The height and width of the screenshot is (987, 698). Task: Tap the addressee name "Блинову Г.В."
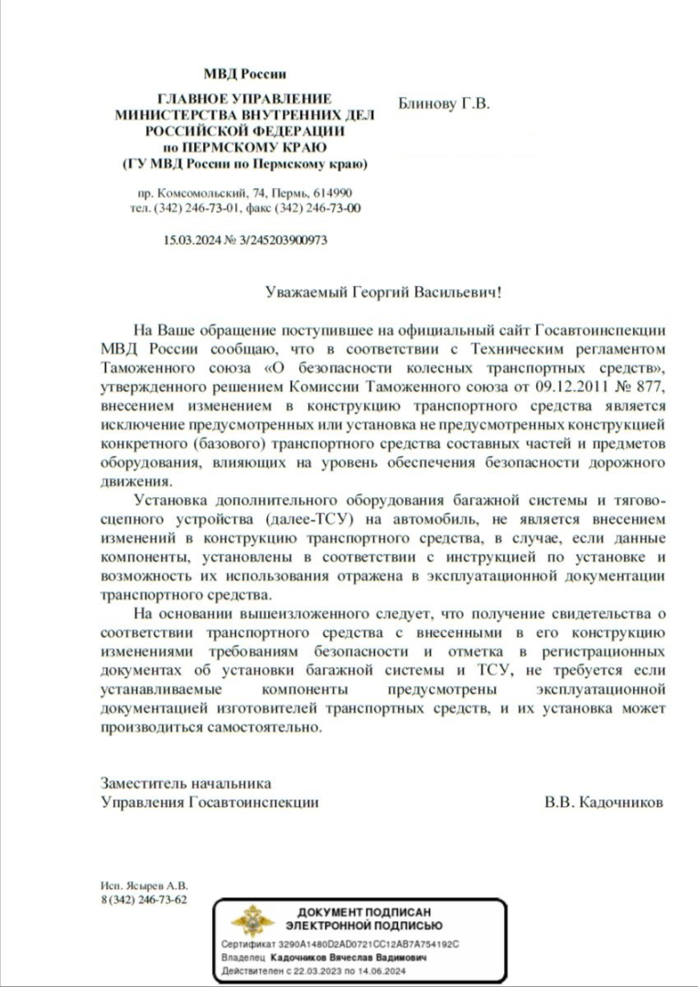click(445, 103)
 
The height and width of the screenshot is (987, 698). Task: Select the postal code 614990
click(333, 195)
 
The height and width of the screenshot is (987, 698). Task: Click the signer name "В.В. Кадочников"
click(604, 801)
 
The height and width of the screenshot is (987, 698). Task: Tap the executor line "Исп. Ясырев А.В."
click(144, 886)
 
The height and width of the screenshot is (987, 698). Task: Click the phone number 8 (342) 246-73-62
click(144, 899)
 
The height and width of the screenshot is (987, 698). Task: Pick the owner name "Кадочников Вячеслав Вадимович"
click(349, 957)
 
